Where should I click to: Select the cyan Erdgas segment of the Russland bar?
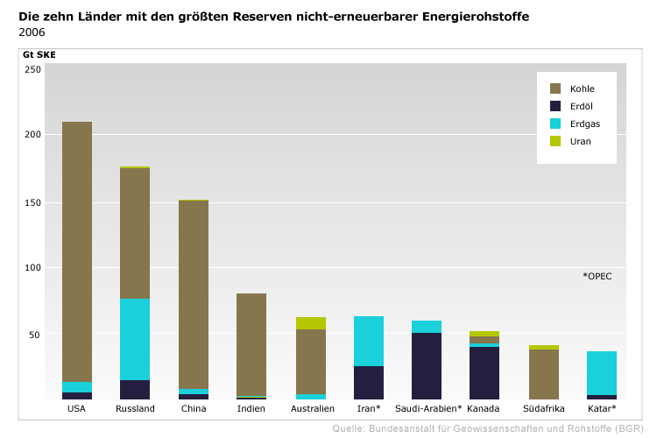pos(135,339)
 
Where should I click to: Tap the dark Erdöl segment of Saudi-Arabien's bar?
pos(427,366)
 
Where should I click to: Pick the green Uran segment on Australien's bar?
pos(311,323)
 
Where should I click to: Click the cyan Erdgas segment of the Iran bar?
pos(369,341)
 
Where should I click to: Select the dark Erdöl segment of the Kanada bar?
pos(484,373)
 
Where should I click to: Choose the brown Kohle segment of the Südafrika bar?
pos(543,374)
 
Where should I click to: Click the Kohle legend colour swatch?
pos(555,88)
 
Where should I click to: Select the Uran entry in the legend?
pos(581,141)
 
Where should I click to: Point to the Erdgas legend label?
pos(584,124)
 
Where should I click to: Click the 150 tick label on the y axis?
pos(32,202)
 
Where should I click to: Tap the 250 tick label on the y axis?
pos(32,69)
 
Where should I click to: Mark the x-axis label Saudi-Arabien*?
pos(428,409)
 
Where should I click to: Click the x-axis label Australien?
pos(312,409)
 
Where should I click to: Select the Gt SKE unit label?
pos(39,54)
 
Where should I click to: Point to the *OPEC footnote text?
pos(597,276)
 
